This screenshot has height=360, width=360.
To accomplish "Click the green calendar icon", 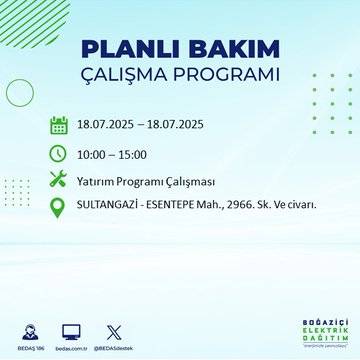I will click(58, 126).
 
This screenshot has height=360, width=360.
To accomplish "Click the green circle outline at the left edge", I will click(19, 93).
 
